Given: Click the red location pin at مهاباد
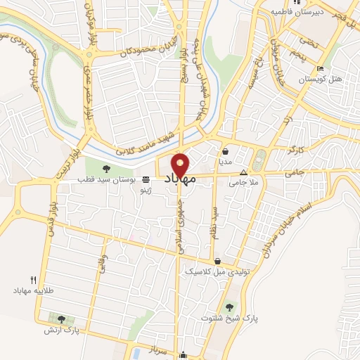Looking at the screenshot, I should pyautogui.click(x=181, y=165).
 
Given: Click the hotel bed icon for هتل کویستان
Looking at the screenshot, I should pyautogui.click(x=320, y=69).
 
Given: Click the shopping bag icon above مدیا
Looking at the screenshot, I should pyautogui.click(x=226, y=150).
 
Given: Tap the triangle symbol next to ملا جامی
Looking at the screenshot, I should pyautogui.click(x=244, y=172).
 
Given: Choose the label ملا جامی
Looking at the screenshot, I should pyautogui.click(x=243, y=183).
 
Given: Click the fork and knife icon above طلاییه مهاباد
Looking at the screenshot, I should pyautogui.click(x=33, y=278).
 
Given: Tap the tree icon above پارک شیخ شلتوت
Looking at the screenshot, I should pyautogui.click(x=229, y=307).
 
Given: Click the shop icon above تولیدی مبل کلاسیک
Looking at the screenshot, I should pyautogui.click(x=217, y=261).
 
